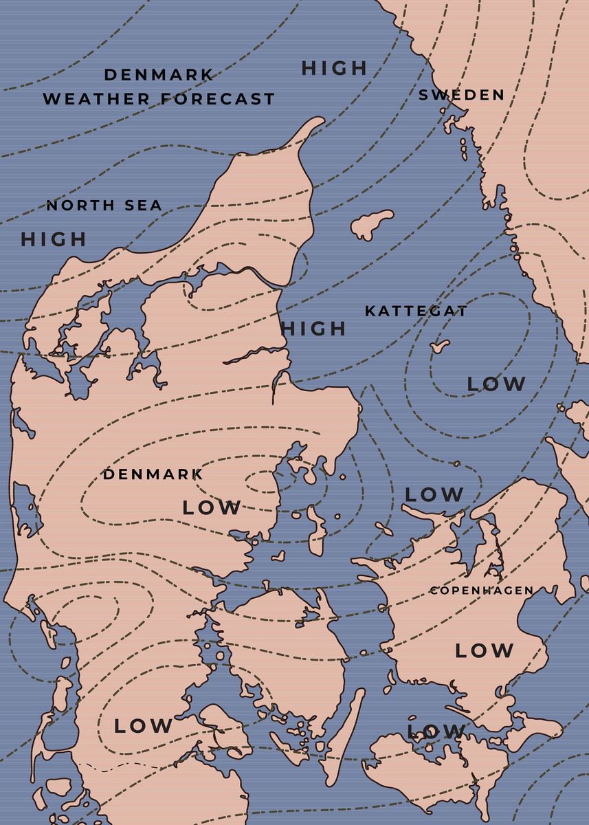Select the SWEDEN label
[461, 95]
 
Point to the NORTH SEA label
[104, 205]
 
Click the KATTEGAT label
[416, 311]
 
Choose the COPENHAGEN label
[481, 590]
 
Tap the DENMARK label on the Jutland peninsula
[153, 474]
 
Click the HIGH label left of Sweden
[335, 68]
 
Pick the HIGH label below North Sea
[54, 239]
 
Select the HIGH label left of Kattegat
[313, 329]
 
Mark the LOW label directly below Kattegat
[496, 384]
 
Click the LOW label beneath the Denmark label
[212, 508]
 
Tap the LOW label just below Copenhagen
[484, 650]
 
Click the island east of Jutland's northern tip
[372, 224]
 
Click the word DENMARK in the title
[159, 74]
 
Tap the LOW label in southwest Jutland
[143, 725]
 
